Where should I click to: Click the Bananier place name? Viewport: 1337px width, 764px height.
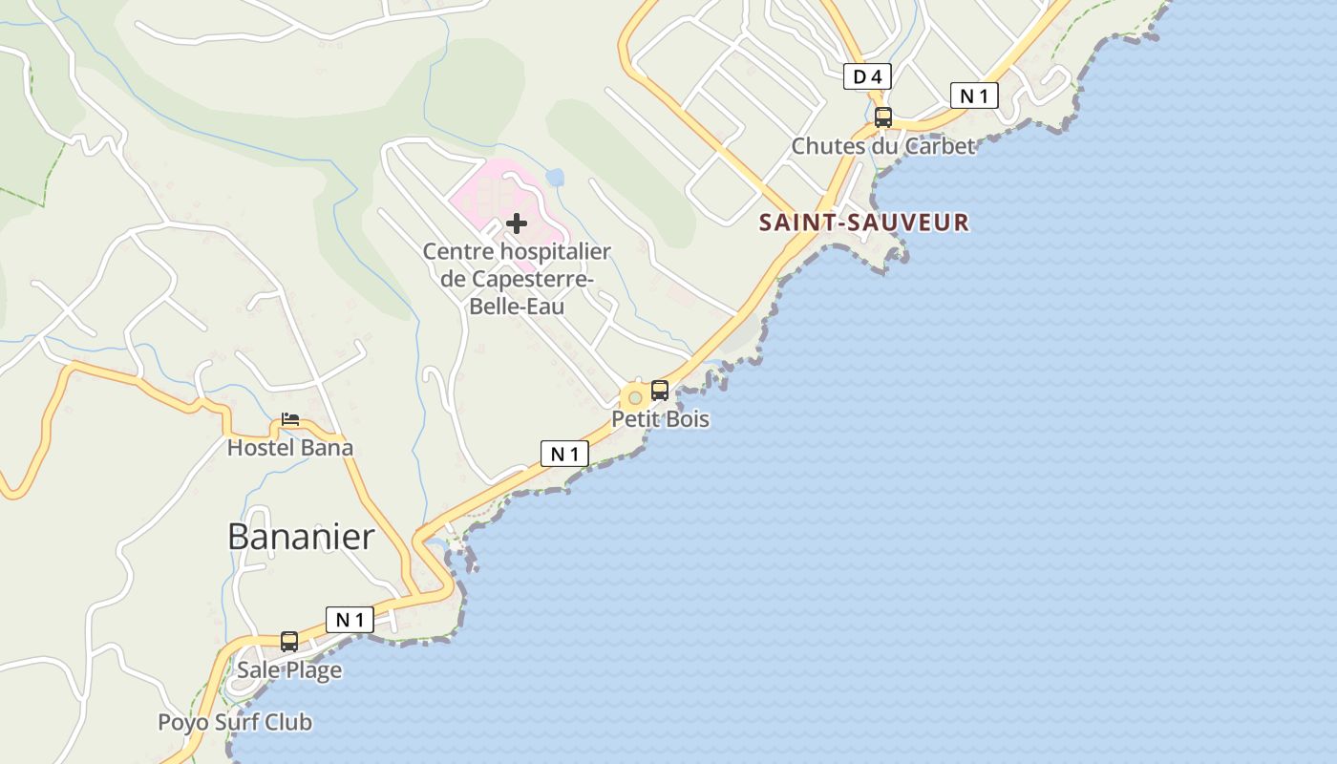pos(301,537)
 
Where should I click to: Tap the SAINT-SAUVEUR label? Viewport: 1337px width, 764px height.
pos(864,223)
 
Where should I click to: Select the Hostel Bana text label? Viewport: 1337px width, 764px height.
pos(289,447)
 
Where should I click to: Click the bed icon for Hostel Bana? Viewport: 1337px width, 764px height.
pos(290,419)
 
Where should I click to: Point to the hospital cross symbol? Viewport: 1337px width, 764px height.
pos(517,223)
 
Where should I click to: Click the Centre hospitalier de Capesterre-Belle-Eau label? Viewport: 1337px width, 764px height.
pos(517,279)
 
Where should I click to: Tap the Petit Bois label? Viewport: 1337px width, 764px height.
pos(661,419)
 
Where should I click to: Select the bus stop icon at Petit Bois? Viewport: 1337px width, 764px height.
pos(660,390)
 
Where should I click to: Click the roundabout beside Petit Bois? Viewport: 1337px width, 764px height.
pos(634,397)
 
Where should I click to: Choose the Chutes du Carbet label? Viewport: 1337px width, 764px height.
pos(883,146)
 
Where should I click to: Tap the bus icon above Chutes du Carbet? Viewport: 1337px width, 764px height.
pos(883,117)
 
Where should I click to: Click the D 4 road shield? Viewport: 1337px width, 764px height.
pos(867,76)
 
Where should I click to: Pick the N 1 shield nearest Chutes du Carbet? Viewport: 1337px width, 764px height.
pos(974,95)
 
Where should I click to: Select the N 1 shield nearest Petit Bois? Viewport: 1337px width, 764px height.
pos(564,454)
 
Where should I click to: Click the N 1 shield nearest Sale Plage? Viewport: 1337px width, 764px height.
pos(350,620)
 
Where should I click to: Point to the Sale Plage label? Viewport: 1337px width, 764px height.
pos(289,670)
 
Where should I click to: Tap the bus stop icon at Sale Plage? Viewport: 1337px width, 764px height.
pos(289,642)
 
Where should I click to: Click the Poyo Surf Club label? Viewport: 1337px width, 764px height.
pos(235,723)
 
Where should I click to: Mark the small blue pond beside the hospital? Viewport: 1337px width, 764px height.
pos(555,178)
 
